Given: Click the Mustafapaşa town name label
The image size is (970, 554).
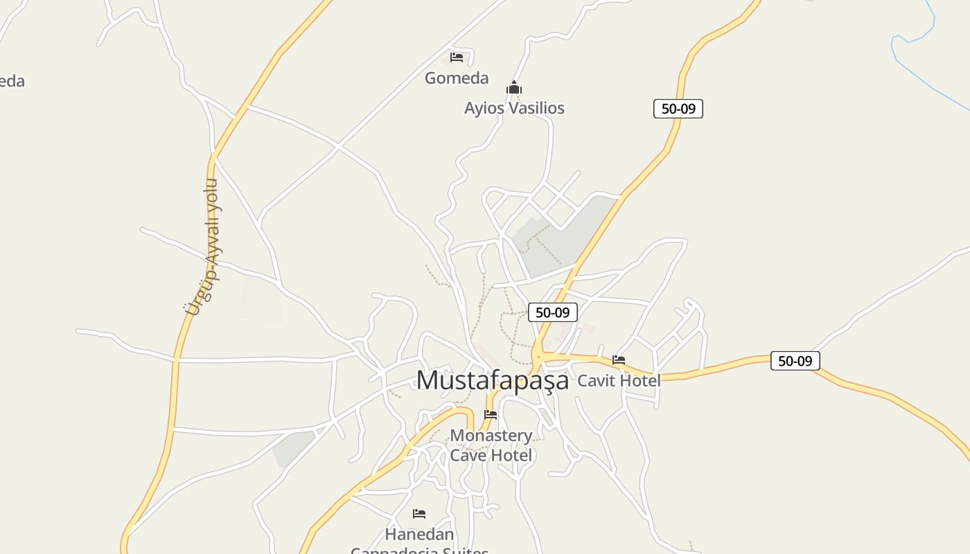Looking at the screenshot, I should (x=492, y=380).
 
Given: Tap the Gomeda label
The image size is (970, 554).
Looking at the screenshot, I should (x=457, y=78).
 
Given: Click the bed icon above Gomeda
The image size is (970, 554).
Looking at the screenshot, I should (x=457, y=57).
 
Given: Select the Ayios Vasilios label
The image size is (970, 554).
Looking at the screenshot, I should (x=514, y=108).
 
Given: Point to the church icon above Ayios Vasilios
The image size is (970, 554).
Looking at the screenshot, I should (x=513, y=88).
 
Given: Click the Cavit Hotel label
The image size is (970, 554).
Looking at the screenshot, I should (x=619, y=380).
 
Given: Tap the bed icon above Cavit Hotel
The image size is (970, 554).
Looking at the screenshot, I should (x=619, y=360).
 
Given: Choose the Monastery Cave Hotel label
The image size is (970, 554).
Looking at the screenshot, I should (x=491, y=445).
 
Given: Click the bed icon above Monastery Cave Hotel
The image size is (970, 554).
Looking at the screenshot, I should (x=491, y=415).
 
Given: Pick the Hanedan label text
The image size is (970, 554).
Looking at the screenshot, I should (x=419, y=535).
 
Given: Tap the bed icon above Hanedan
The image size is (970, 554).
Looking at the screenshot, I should (x=419, y=514).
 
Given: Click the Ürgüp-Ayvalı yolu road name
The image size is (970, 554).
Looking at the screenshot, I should (x=203, y=247).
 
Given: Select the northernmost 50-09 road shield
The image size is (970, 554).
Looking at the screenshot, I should (x=678, y=109).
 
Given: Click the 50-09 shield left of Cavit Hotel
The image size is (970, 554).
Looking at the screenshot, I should (x=553, y=312).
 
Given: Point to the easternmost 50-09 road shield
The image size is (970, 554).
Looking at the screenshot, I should (x=795, y=361).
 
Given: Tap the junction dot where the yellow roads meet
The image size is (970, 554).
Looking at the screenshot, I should (x=538, y=356).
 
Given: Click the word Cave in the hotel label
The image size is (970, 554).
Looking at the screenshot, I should (x=469, y=455).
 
